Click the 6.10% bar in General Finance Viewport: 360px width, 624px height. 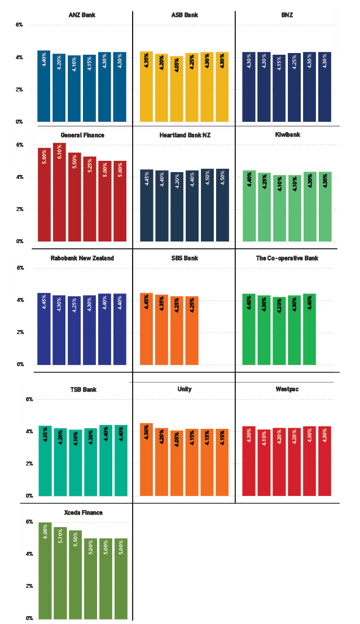[59, 192]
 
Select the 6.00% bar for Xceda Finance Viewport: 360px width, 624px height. [45, 570]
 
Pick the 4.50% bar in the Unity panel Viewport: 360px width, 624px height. [146, 459]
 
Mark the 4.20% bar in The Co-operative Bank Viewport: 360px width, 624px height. [279, 331]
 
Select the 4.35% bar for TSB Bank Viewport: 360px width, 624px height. [45, 460]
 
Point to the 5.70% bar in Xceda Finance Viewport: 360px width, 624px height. [60, 572]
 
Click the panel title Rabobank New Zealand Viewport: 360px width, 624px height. [82, 258]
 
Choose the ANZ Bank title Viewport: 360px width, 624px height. [82, 15]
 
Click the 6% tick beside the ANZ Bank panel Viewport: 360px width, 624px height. [19, 25]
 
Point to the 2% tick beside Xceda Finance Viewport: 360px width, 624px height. [19, 586]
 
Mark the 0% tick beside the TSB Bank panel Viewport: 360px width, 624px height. [19, 496]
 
